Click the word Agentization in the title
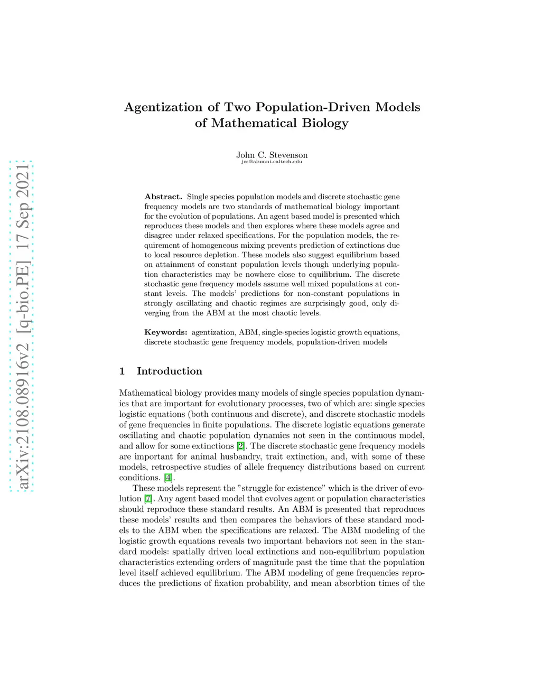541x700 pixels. coord(163,107)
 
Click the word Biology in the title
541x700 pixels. coord(325,123)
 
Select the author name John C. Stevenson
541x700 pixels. coord(272,155)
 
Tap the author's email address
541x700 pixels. coord(272,162)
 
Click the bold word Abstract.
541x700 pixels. coord(163,197)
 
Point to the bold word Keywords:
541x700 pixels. coord(166,332)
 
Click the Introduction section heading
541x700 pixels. coord(170,371)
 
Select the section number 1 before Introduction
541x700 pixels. coord(122,371)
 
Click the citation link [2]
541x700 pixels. coord(241,446)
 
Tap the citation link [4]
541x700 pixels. coord(168,478)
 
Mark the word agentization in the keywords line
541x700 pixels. coord(213,332)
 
